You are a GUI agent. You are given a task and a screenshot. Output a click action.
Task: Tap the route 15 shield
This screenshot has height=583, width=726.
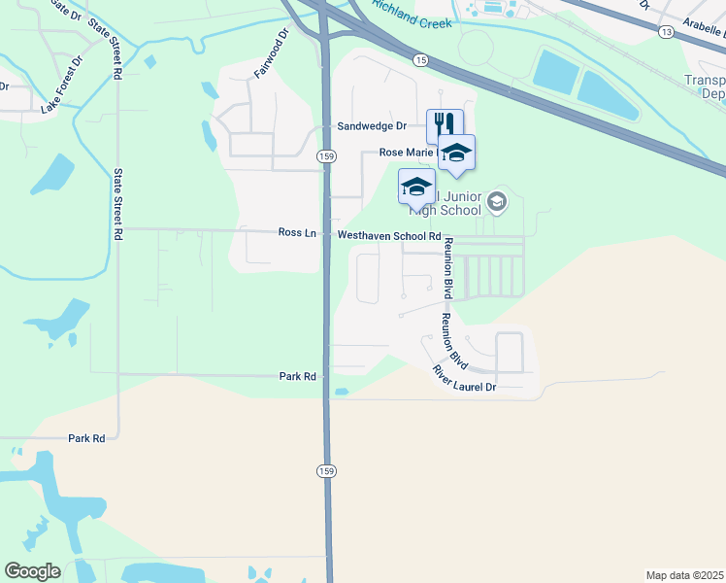tap(419, 60)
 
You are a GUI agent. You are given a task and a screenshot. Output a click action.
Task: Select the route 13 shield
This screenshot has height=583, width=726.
tap(666, 32)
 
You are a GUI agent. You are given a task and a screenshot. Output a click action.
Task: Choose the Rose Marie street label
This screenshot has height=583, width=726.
tap(404, 153)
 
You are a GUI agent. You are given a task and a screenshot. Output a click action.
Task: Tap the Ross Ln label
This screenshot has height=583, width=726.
tap(297, 233)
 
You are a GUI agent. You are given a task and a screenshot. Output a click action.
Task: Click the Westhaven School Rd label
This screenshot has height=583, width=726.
tap(389, 236)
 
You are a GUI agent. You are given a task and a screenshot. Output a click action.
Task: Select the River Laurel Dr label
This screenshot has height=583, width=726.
tap(464, 379)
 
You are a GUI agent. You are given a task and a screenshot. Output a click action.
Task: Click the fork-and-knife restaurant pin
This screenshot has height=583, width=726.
tap(444, 124)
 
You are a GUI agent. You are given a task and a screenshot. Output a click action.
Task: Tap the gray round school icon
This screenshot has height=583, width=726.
tap(498, 202)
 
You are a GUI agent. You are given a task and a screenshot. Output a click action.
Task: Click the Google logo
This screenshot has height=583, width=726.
tap(32, 571)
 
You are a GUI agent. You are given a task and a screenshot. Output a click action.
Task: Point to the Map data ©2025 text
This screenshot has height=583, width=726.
tap(684, 575)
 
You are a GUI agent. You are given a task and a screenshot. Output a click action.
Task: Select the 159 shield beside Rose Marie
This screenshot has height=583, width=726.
tap(326, 155)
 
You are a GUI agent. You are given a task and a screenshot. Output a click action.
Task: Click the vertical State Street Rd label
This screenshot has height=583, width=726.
tap(118, 204)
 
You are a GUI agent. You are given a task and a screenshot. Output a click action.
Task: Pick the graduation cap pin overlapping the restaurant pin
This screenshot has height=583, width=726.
tap(456, 152)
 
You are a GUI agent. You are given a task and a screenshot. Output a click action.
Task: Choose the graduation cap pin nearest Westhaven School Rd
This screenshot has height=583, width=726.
tap(416, 186)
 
